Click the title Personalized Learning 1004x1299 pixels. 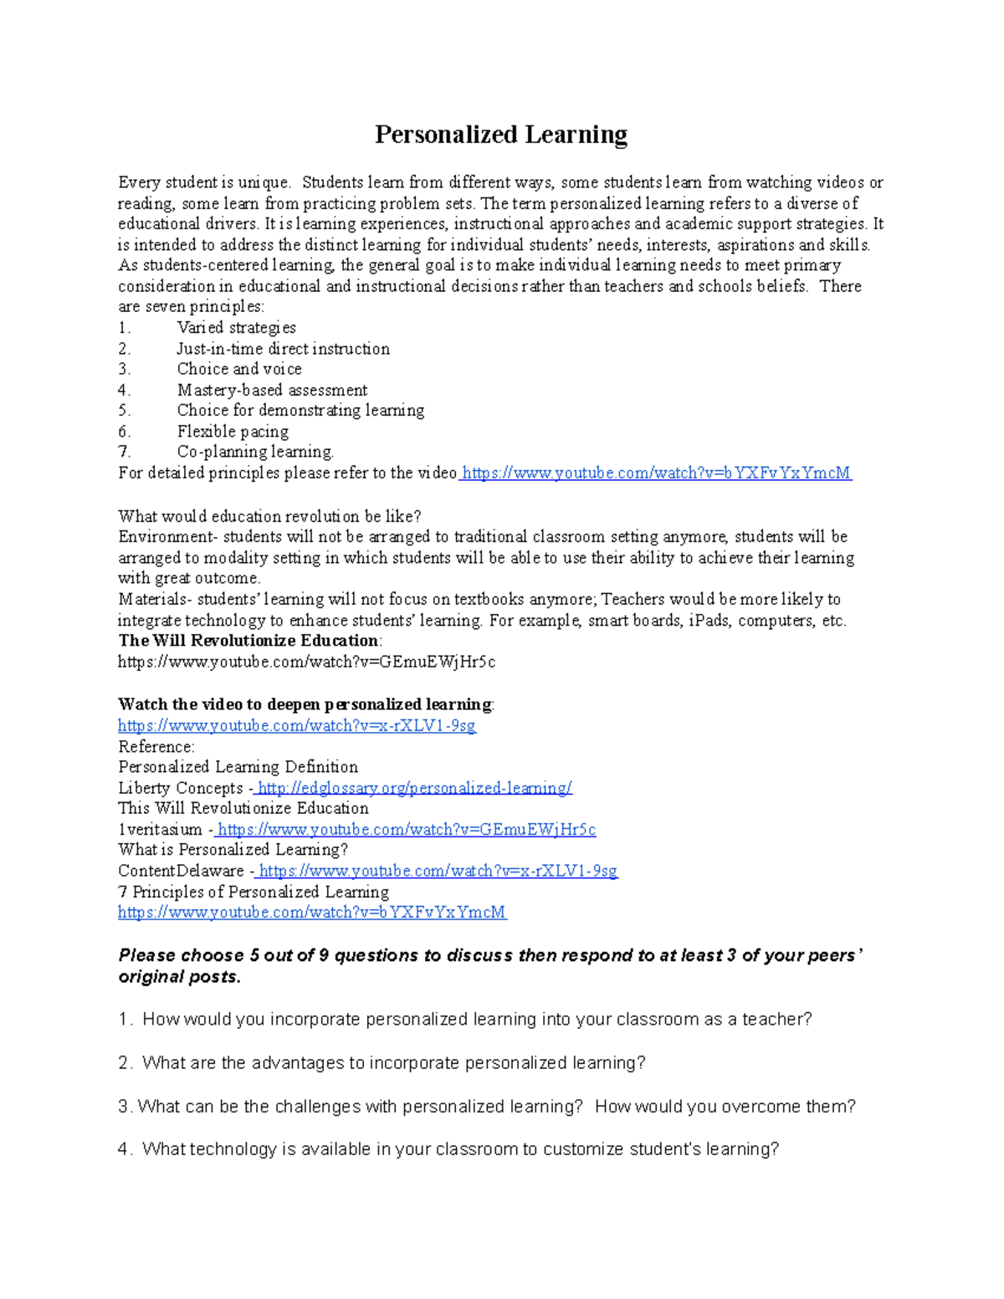500,135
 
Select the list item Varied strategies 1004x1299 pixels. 236,328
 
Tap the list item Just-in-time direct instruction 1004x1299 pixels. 283,349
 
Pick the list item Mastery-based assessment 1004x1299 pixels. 272,390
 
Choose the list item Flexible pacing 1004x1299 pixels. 233,432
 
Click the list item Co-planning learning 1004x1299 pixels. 255,452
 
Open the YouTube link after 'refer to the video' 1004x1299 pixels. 656,473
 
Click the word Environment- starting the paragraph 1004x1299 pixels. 166,537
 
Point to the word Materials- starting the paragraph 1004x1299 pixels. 155,600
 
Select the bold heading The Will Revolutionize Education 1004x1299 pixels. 248,641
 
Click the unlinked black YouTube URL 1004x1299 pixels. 306,662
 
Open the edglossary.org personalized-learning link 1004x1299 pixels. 414,788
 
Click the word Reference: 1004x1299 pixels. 156,746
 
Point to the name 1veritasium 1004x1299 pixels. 160,830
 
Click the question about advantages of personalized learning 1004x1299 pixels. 393,1063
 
